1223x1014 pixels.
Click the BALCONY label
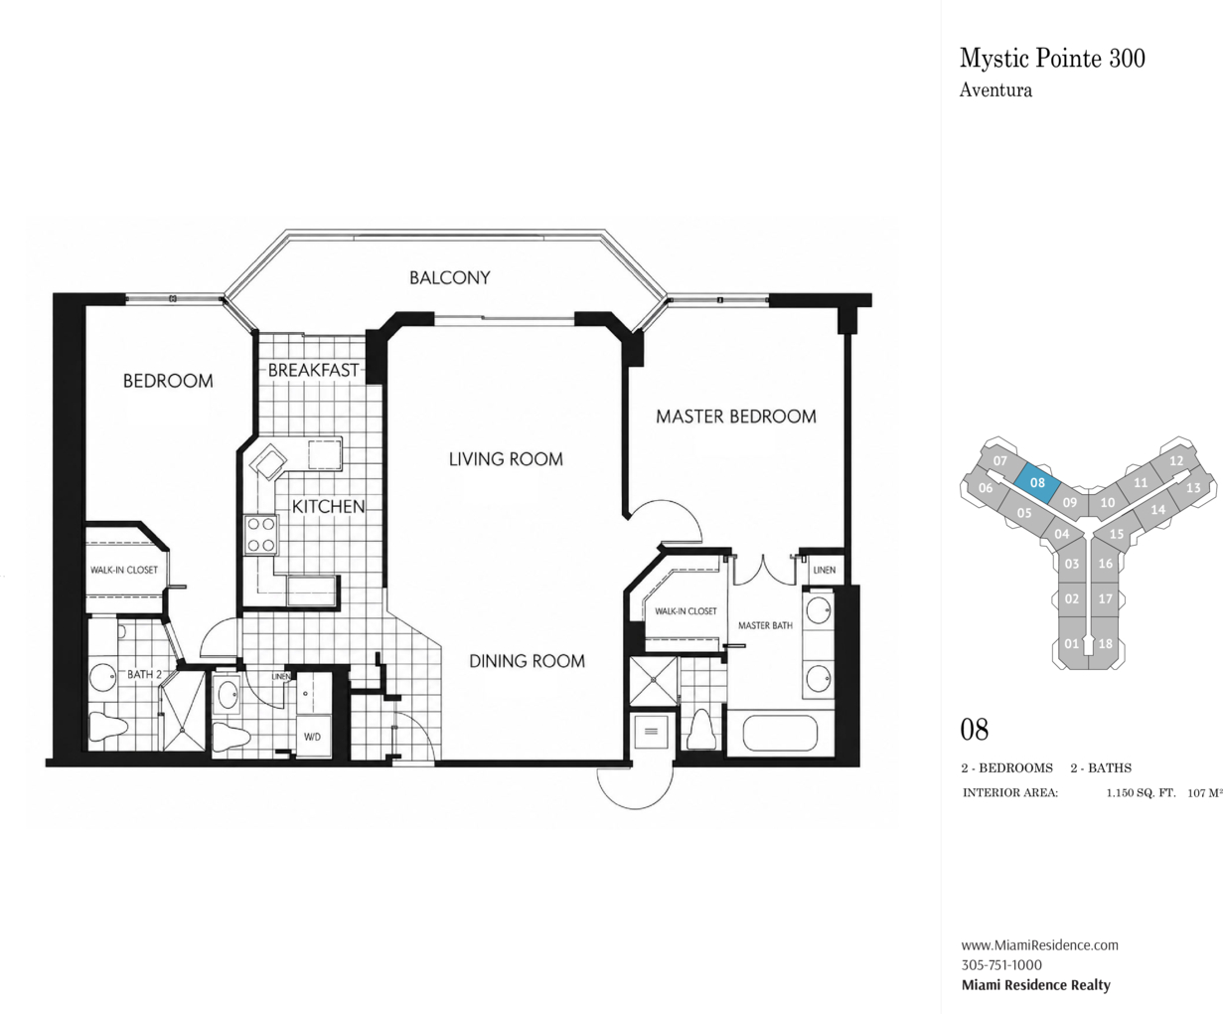pyautogui.click(x=449, y=277)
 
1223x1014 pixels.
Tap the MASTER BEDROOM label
pyautogui.click(x=735, y=417)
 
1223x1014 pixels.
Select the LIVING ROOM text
pyautogui.click(x=506, y=459)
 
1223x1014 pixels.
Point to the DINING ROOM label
pyautogui.click(x=528, y=661)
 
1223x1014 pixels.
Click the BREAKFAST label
pyautogui.click(x=313, y=371)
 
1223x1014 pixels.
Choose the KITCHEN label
pyautogui.click(x=328, y=506)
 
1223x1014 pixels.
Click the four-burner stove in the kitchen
pyautogui.click(x=260, y=534)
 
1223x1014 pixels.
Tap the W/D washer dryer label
pyautogui.click(x=313, y=737)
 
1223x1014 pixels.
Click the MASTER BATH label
pyautogui.click(x=765, y=625)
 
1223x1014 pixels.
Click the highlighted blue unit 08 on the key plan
pyautogui.click(x=1037, y=483)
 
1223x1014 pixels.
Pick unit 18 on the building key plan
pyautogui.click(x=1105, y=643)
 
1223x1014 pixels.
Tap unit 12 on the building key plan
pyautogui.click(x=1176, y=460)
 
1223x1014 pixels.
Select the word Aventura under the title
pyautogui.click(x=995, y=90)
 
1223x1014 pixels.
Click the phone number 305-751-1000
pyautogui.click(x=1001, y=964)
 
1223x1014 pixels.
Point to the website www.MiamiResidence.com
pyautogui.click(x=1039, y=944)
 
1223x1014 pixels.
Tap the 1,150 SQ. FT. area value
pyautogui.click(x=1141, y=793)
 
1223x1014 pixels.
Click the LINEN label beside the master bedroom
pyautogui.click(x=825, y=570)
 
